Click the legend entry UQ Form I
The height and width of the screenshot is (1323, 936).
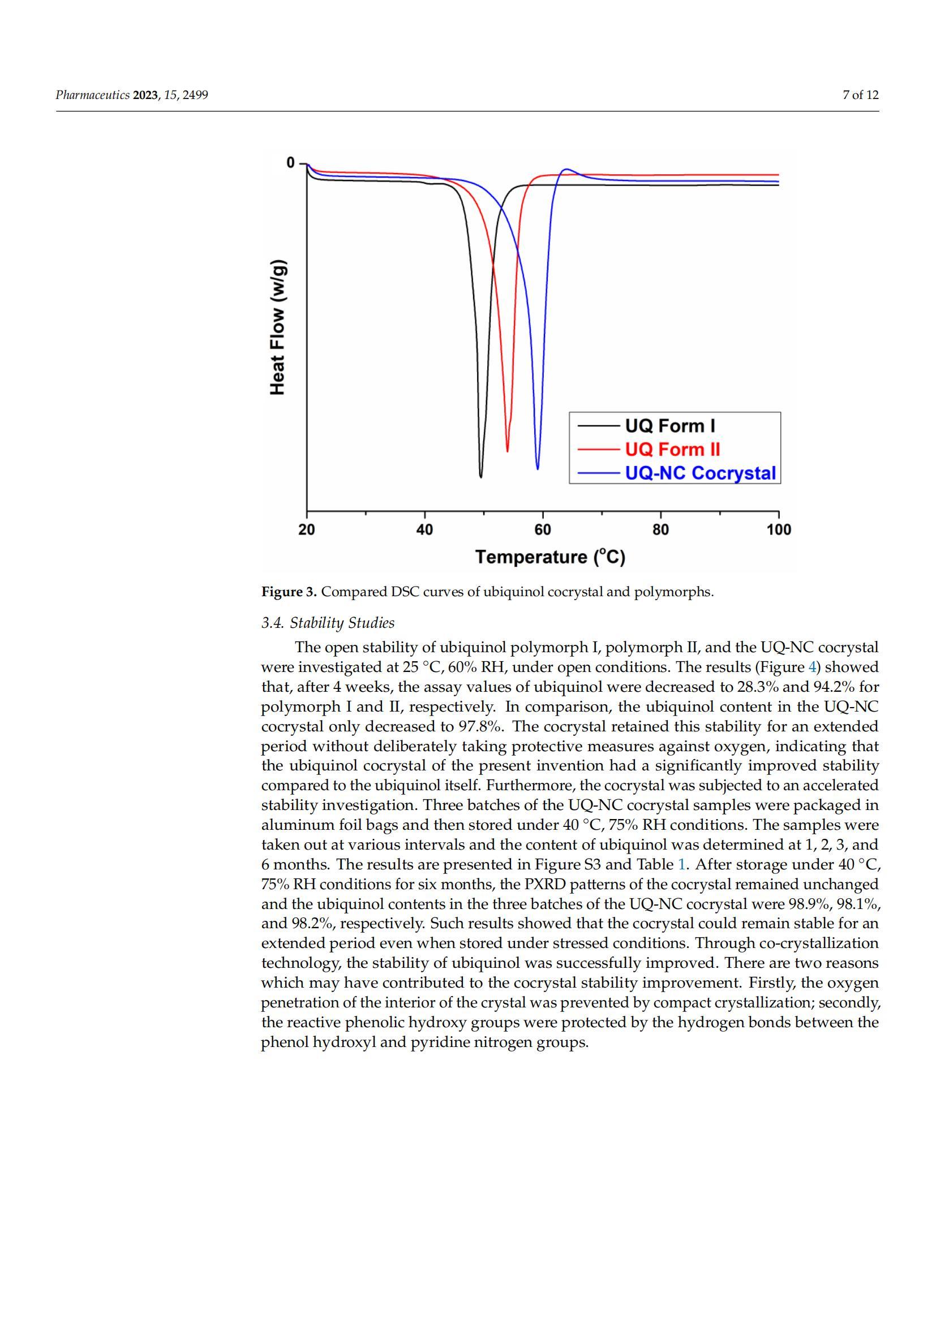(x=669, y=426)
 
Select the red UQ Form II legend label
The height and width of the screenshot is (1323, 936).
(x=673, y=450)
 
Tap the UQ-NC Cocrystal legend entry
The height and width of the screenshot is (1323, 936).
(x=700, y=473)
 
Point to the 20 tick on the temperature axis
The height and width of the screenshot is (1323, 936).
(x=307, y=529)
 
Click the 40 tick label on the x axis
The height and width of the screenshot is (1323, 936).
(x=425, y=529)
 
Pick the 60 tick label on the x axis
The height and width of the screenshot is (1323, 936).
(x=542, y=529)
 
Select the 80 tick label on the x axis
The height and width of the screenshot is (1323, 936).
(x=660, y=529)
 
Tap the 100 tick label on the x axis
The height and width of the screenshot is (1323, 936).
(x=779, y=529)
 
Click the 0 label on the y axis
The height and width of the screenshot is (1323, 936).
(x=290, y=163)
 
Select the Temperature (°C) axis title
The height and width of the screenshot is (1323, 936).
(x=550, y=557)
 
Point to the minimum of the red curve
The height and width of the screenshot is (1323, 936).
(x=507, y=451)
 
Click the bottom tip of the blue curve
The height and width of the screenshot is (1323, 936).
(x=538, y=469)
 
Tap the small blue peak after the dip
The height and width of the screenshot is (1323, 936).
(x=567, y=170)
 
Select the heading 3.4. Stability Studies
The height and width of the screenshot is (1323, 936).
(x=328, y=623)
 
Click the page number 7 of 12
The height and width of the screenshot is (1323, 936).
(x=861, y=95)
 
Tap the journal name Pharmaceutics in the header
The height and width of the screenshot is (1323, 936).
(x=93, y=95)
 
